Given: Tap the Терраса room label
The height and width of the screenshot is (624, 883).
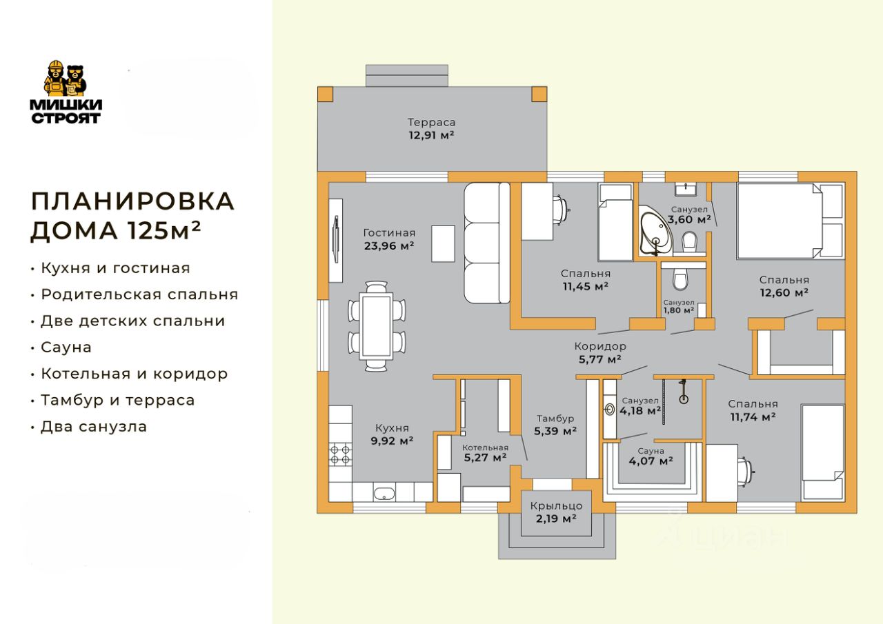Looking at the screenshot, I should (431, 123).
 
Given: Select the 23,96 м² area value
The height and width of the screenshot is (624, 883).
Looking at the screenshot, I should (388, 245).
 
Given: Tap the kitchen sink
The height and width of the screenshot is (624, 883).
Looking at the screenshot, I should (384, 492).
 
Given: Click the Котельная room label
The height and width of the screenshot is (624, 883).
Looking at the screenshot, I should (484, 446).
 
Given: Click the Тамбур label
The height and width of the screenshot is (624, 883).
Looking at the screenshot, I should (555, 419).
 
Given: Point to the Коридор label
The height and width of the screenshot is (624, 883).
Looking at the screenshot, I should (600, 346).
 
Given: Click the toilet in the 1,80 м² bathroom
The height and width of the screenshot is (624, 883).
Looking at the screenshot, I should (679, 279).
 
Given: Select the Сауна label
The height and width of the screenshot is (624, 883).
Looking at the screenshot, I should (651, 450).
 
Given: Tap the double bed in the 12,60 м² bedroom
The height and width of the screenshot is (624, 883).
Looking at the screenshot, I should (790, 221).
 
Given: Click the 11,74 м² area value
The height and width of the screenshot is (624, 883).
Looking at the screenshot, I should (753, 416).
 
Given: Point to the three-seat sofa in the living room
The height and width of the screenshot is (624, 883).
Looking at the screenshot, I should (486, 243).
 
